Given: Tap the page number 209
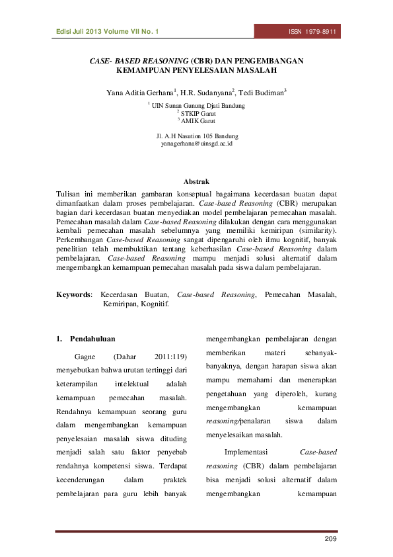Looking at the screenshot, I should pyautogui.click(x=330, y=542).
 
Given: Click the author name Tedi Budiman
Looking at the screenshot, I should pyautogui.click(x=263, y=93).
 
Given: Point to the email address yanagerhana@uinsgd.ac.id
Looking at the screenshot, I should pyautogui.click(x=196, y=143).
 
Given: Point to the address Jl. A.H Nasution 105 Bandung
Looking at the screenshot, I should pyautogui.click(x=196, y=136).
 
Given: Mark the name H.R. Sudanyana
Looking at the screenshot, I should pyautogui.click(x=207, y=93).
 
